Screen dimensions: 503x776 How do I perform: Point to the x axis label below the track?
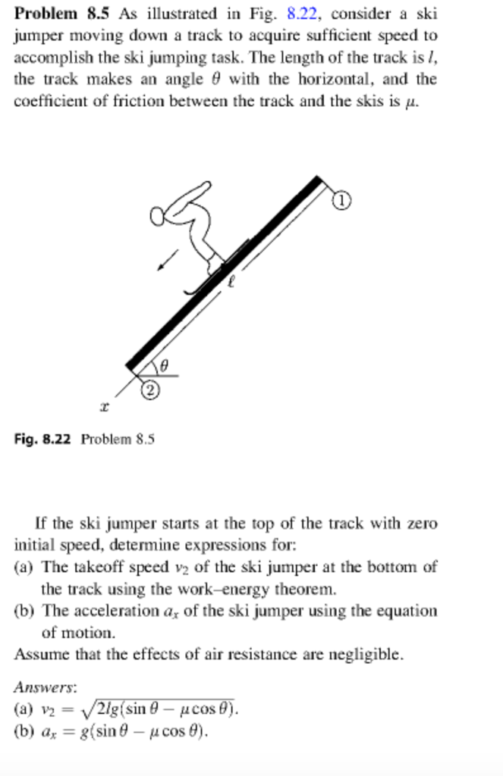point(104,408)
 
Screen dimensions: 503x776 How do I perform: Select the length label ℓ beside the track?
point(234,282)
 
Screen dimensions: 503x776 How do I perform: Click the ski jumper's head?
point(158,217)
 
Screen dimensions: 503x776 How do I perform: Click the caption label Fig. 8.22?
point(42,439)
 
